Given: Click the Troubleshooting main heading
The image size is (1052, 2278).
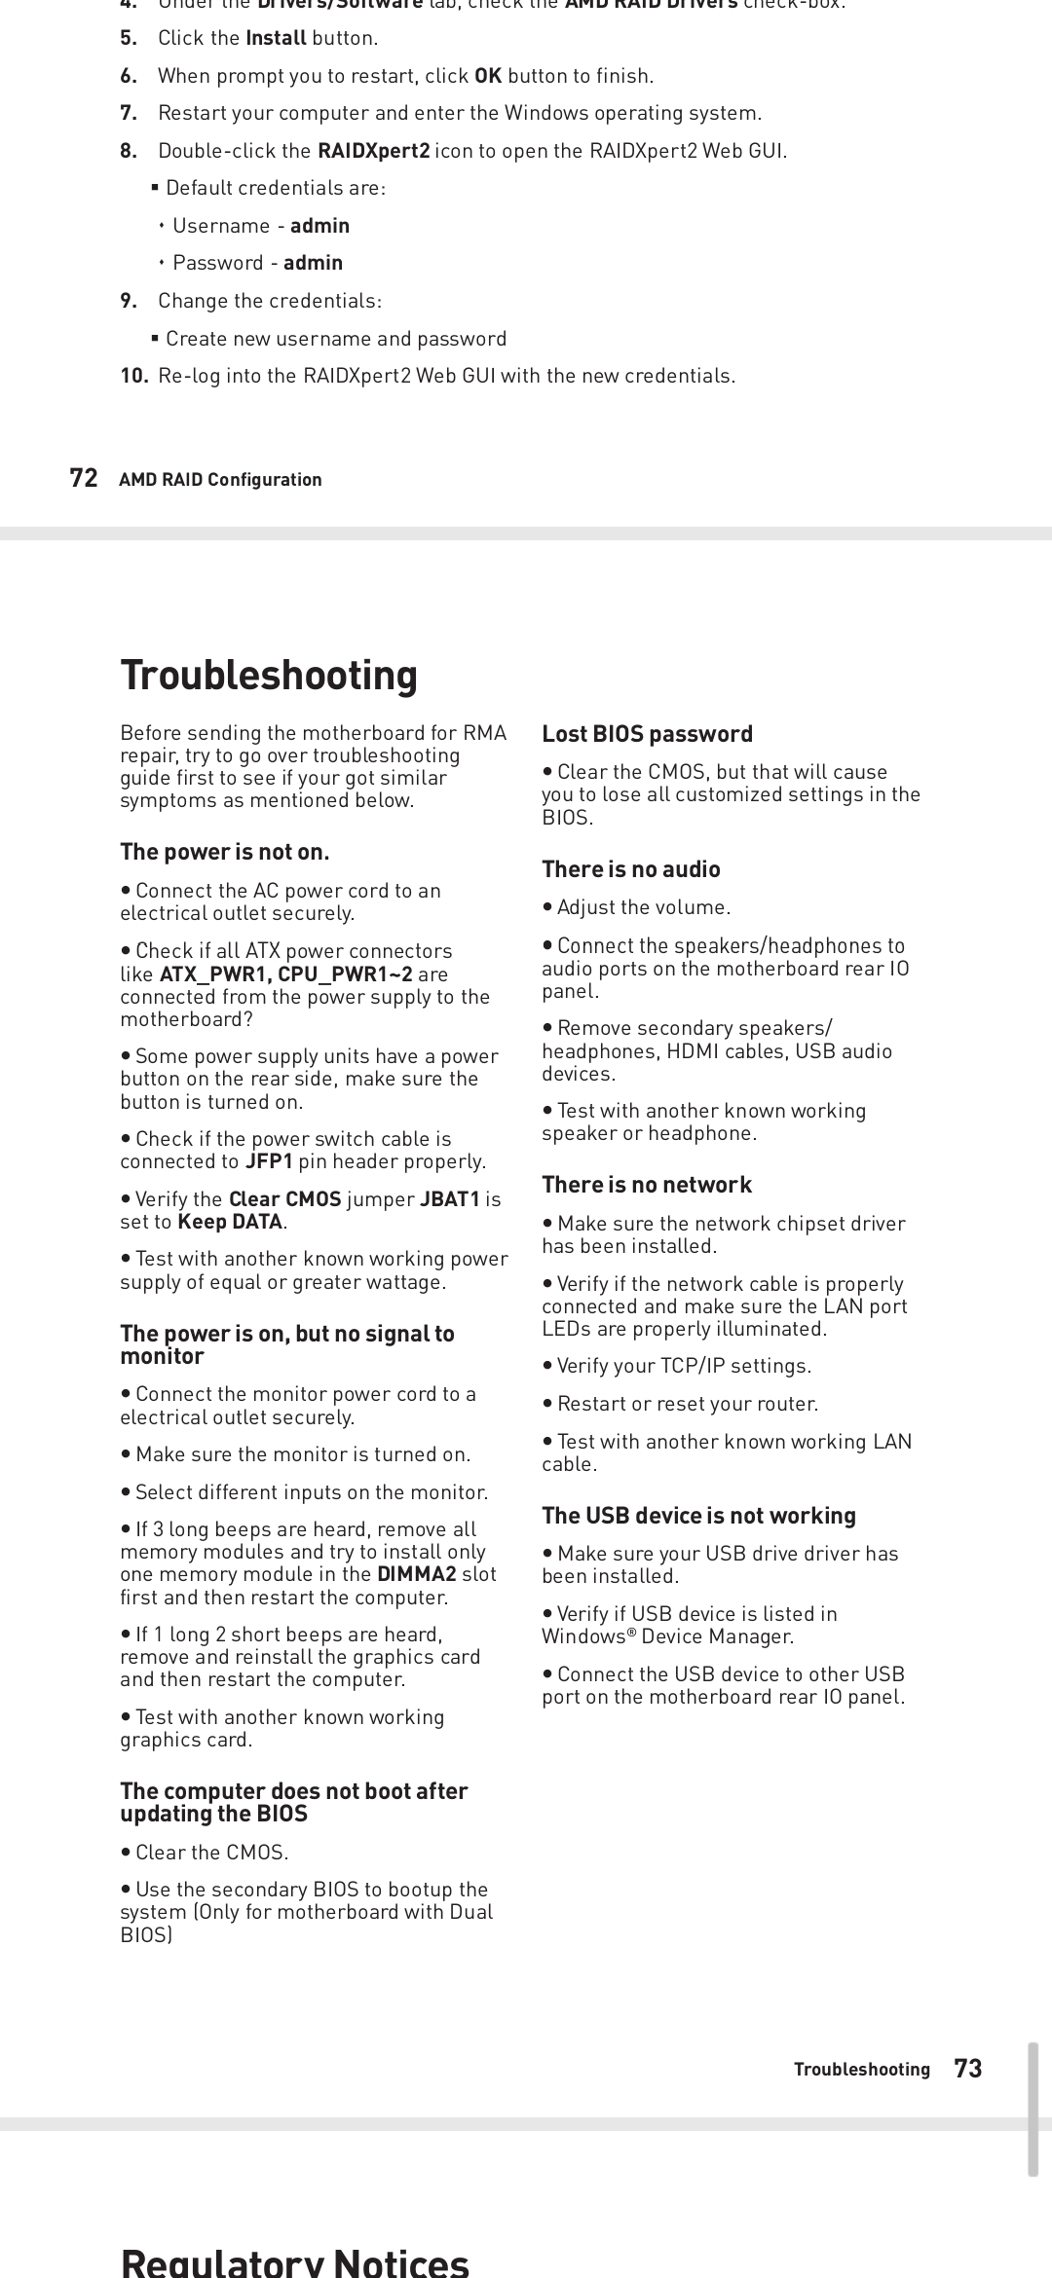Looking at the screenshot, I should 269,675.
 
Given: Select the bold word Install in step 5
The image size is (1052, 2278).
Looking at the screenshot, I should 276,38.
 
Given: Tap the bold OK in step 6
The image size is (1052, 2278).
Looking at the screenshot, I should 487,76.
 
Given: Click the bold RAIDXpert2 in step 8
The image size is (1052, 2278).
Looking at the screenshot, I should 374,151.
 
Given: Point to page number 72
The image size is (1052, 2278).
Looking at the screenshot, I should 84,478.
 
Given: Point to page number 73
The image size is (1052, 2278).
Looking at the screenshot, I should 968,2069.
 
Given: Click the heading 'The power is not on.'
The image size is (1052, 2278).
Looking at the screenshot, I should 225,852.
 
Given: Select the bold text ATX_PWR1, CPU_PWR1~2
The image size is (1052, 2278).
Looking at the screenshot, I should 285,974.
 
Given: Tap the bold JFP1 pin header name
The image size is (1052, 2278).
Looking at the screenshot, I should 269,1161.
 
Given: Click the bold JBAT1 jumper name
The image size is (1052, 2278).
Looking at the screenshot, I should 449,1198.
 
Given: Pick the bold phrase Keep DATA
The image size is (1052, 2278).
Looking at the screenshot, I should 230,1221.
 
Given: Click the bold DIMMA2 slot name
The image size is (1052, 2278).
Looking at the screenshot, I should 417,1574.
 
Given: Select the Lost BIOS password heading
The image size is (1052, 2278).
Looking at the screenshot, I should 647,733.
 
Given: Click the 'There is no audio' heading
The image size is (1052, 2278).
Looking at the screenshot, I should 631,868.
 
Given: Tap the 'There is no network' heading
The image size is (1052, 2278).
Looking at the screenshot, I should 647,1184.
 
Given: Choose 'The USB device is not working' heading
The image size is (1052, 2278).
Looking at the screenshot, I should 698,1515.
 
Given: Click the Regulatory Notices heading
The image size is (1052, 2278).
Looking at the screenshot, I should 294,2260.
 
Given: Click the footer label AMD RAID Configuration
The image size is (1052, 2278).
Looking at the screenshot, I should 220,479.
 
